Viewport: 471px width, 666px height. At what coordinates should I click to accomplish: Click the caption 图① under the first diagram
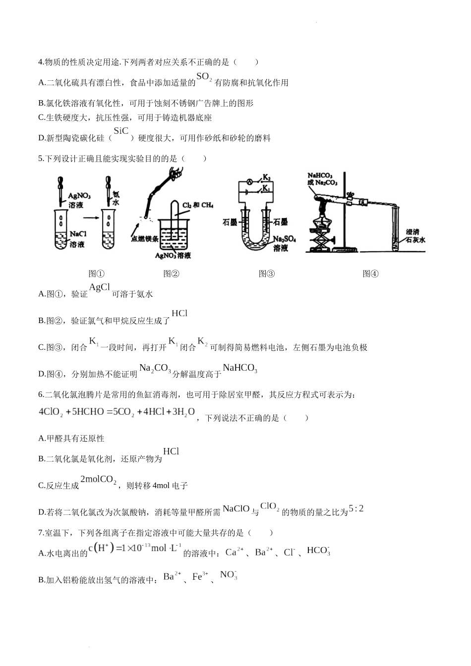coord(96,274)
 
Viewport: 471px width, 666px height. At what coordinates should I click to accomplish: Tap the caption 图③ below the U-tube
coord(267,274)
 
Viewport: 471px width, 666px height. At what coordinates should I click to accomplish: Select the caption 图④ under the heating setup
coord(370,274)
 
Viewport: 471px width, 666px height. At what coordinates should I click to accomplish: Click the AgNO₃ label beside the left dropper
coord(79,196)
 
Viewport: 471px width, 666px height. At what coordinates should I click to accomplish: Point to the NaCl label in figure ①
coord(78,234)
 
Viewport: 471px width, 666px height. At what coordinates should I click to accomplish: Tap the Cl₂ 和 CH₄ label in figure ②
coord(197,205)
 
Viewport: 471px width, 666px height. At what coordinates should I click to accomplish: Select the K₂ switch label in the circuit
coord(266,177)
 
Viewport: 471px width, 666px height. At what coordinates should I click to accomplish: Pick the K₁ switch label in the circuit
coord(266,188)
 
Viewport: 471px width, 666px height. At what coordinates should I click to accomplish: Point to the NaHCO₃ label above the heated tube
coord(319,175)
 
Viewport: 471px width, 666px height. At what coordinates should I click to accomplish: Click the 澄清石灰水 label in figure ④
coord(415,236)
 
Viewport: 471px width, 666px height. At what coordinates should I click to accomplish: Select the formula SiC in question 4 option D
coord(121,131)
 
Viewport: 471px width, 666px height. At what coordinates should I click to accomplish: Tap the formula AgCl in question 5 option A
coord(99,287)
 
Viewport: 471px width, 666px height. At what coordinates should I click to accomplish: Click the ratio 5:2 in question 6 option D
coord(356,508)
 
